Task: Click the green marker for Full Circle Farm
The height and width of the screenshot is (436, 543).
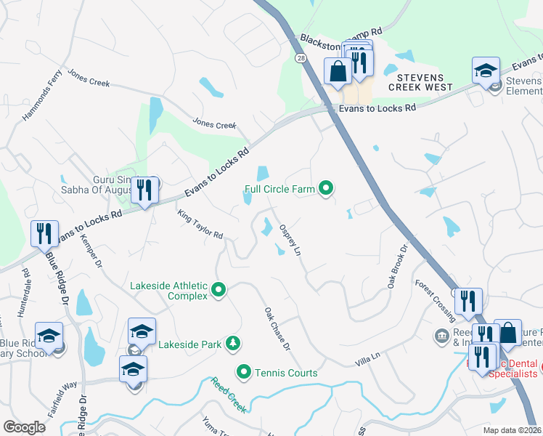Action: pos(326,190)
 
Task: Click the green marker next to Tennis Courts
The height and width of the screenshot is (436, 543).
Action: pos(243,373)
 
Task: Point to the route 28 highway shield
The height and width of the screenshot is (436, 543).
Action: pos(300,57)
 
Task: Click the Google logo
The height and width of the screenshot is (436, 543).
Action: pos(24,427)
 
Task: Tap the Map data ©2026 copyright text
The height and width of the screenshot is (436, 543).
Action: pos(512,430)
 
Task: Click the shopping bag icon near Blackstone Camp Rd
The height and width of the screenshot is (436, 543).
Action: pos(338,72)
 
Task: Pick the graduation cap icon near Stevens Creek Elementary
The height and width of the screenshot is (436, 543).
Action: pos(486,71)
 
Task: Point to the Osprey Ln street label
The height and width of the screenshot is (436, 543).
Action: pos(290,239)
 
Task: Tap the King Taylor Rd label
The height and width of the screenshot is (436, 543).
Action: pos(200,224)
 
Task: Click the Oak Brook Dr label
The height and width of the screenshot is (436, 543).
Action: pos(399,266)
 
